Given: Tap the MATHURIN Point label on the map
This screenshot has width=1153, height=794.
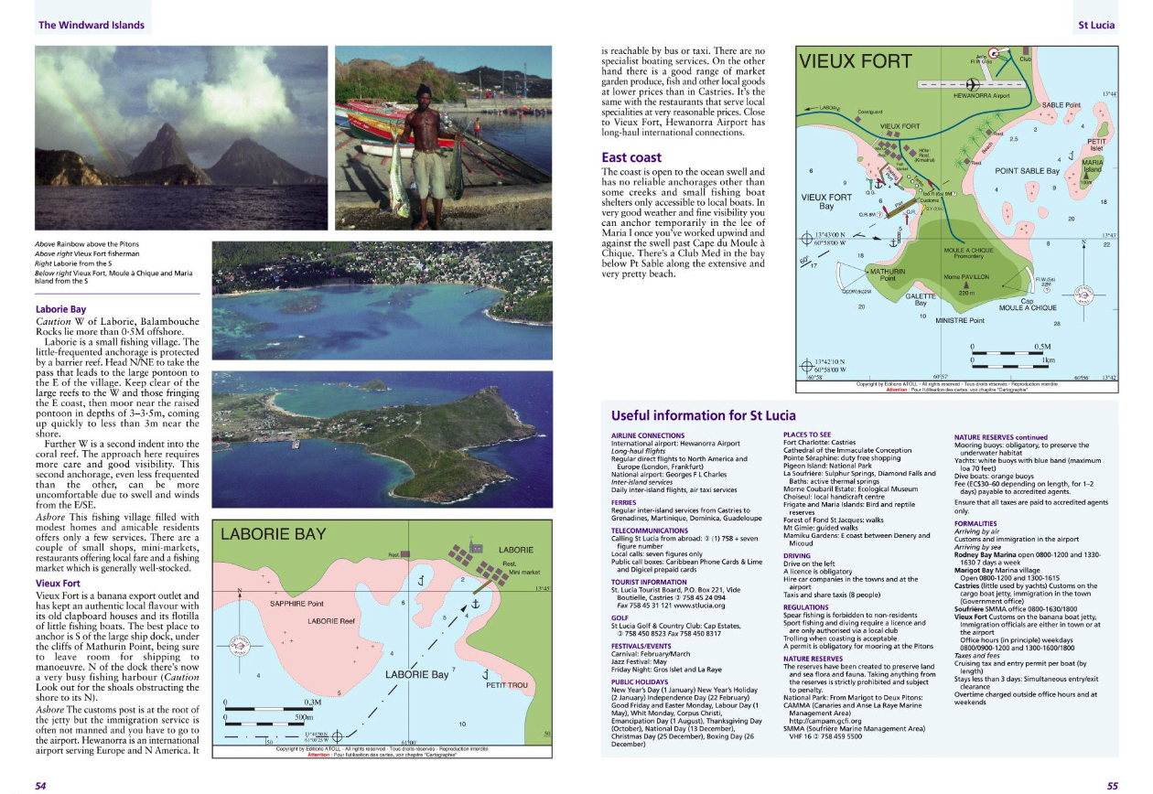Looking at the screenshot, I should pyautogui.click(x=888, y=275).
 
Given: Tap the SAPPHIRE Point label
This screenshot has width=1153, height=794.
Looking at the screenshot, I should pyautogui.click(x=296, y=604).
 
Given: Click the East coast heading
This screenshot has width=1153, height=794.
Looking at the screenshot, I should pyautogui.click(x=630, y=157).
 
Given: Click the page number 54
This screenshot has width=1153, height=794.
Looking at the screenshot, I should pyautogui.click(x=42, y=784).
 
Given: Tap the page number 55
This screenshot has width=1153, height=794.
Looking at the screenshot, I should pyautogui.click(x=1112, y=784).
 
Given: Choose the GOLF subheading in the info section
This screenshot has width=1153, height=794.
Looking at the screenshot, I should pyautogui.click(x=620, y=617).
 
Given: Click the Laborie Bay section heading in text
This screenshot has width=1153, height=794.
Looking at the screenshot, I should pyautogui.click(x=60, y=309).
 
